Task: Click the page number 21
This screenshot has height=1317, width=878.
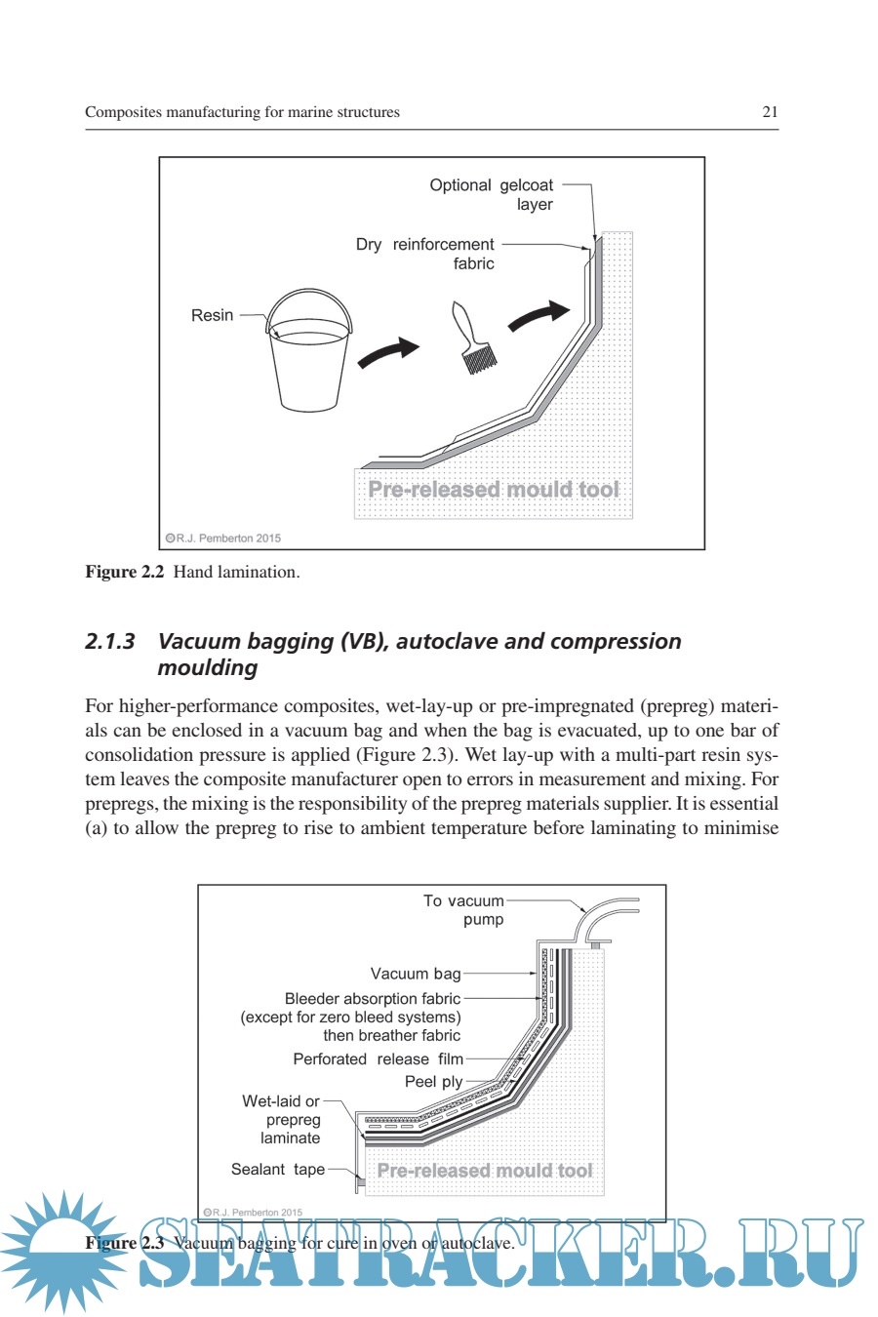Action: point(770,112)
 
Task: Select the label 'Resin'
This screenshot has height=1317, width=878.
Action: point(212,315)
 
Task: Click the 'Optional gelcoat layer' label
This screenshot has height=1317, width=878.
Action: point(492,194)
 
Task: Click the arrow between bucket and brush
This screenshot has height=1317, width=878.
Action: point(387,352)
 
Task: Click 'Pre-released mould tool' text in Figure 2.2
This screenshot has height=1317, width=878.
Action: point(493,490)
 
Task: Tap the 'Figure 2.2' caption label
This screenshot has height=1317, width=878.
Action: point(124,573)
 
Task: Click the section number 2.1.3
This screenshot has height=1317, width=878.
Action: point(109,642)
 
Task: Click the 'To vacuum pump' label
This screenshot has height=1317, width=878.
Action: point(464,910)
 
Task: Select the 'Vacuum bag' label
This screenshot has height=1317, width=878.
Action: point(416,974)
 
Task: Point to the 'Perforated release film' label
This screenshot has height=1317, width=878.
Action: point(379,1059)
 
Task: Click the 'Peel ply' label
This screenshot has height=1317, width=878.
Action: point(434,1082)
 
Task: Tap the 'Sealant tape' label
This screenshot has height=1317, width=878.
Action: point(278,1170)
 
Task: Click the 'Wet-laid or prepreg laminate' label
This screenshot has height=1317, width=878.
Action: point(282,1120)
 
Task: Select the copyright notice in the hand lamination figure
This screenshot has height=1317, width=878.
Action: point(223,539)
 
